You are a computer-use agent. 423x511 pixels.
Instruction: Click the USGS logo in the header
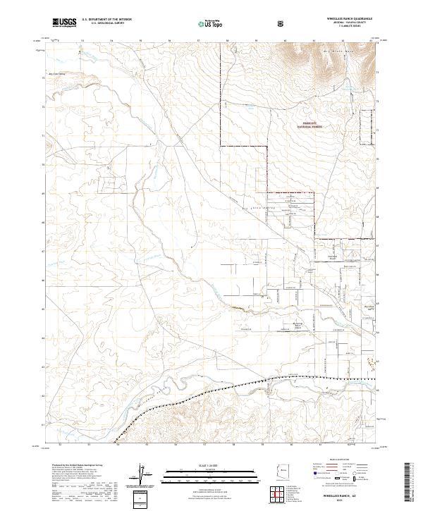tap(65, 23)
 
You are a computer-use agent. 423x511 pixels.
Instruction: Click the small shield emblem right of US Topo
tap(282, 23)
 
